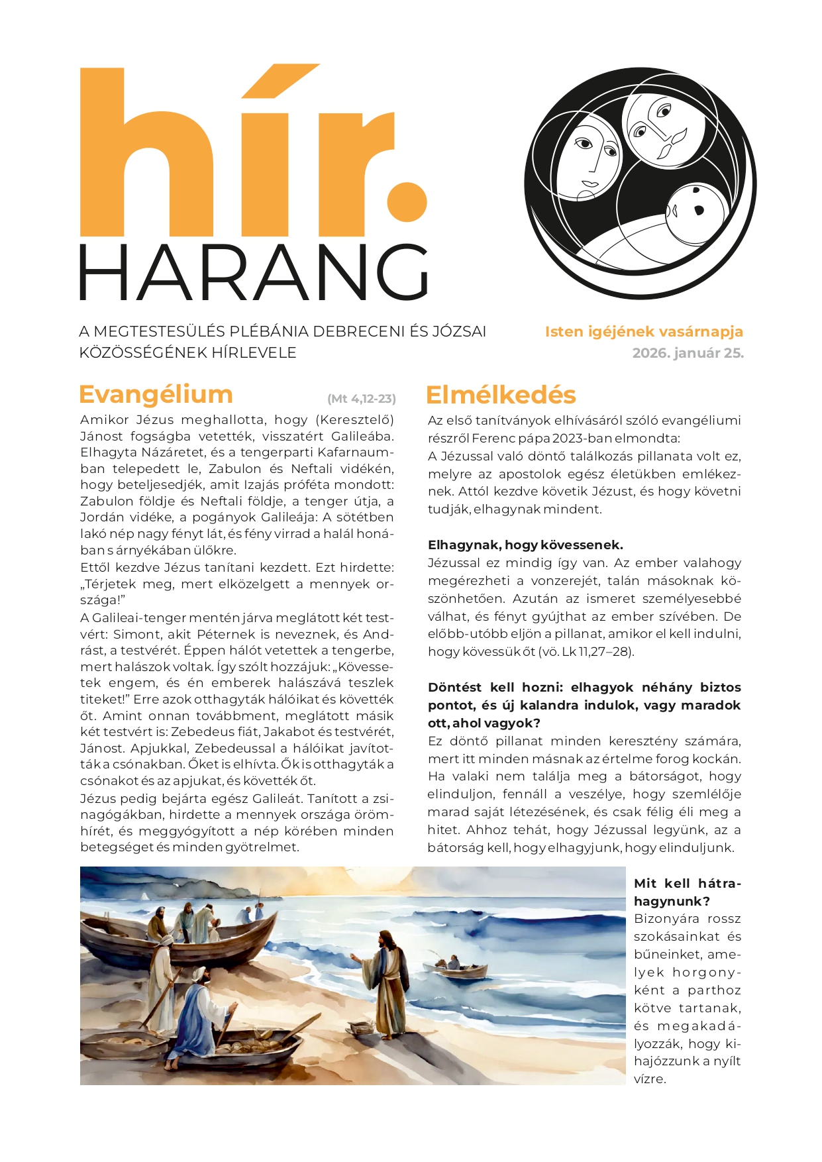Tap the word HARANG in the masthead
pos(253,273)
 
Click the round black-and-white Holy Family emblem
pos(640,183)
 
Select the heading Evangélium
pos(156,394)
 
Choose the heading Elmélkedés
pos(501,395)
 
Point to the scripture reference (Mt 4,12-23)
pos(362,399)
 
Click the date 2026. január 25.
pos(688,353)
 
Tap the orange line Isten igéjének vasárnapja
pos(644,332)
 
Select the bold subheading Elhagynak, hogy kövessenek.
pos(525,545)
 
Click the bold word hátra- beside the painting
pos(719,883)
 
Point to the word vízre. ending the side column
pos(649,1079)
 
